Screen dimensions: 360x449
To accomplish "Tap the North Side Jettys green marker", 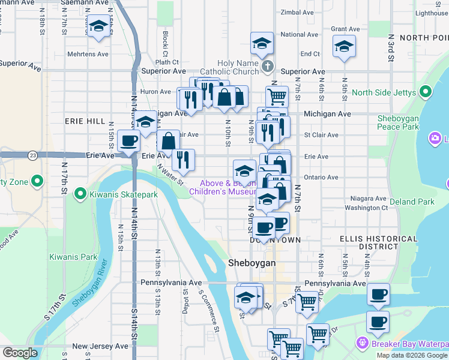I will coord(426,92).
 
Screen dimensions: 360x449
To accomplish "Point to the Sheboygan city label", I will coord(252,263).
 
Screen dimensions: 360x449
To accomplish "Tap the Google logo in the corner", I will coord(20,353).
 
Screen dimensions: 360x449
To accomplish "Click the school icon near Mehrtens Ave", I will coord(98,27).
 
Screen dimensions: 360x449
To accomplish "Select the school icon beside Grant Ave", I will coord(344,46).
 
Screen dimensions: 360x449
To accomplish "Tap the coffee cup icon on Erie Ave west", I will coord(128,141).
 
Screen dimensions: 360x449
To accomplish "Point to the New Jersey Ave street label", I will coord(100,346).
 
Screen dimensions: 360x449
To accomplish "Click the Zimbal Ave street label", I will coord(298,12).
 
